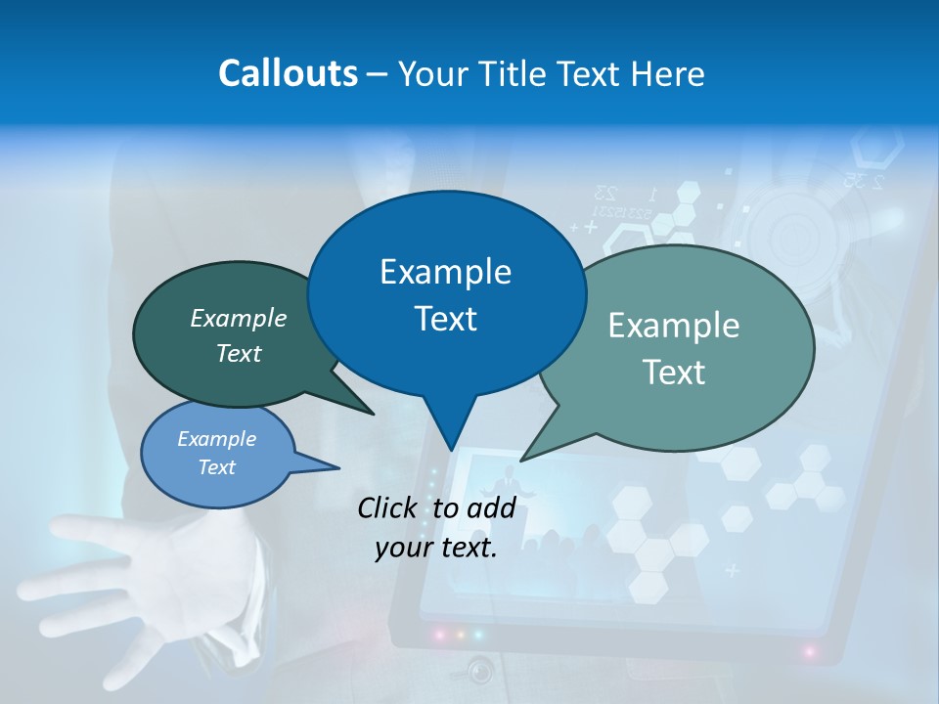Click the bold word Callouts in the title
[x=288, y=73]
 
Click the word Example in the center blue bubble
[x=445, y=272]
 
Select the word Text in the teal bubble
[x=674, y=373]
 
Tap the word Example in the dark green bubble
[x=239, y=318]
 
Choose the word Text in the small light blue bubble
[x=217, y=467]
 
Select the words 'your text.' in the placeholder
[x=436, y=548]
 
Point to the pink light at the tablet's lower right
[x=809, y=649]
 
